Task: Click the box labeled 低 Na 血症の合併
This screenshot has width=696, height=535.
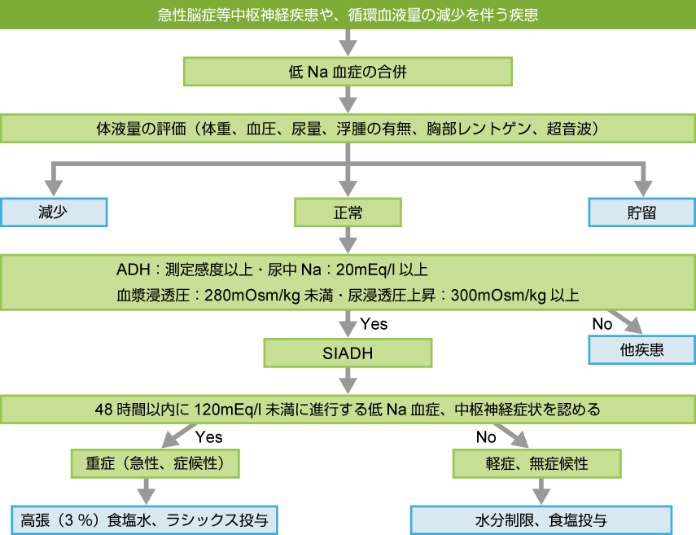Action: pyautogui.click(x=348, y=72)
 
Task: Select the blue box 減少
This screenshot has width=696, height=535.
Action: pyautogui.click(x=54, y=213)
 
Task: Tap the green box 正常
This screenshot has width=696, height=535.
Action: pyautogui.click(x=348, y=213)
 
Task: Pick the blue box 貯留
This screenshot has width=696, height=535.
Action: pyautogui.click(x=642, y=213)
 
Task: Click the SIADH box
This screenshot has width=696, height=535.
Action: pyautogui.click(x=348, y=353)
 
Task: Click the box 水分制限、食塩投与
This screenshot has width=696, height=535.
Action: pyautogui.click(x=541, y=520)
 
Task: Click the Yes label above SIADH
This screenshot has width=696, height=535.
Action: pyautogui.click(x=374, y=324)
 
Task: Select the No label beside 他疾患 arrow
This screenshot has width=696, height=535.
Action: pyautogui.click(x=602, y=324)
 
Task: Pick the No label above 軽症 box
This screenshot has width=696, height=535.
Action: pyautogui.click(x=486, y=437)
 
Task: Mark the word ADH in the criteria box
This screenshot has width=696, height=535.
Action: pyautogui.click(x=129, y=270)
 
